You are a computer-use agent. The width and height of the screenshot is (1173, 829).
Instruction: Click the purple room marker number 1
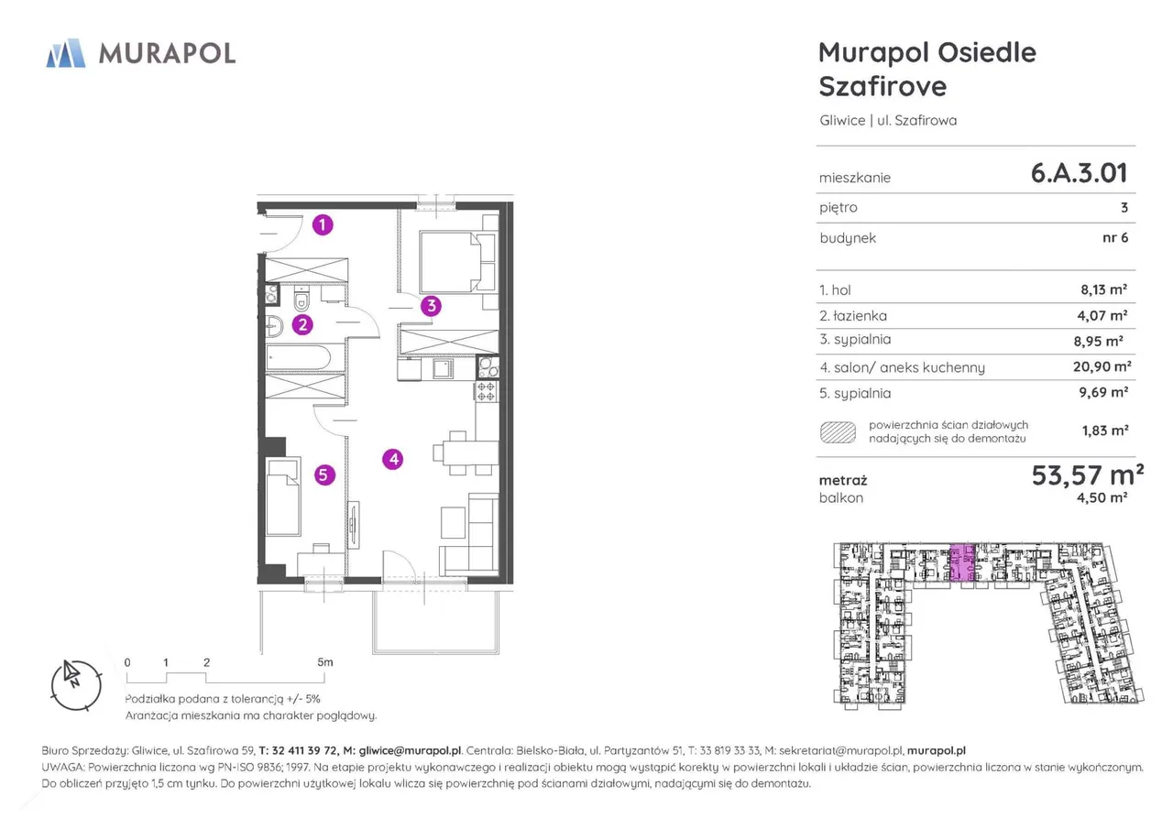pyautogui.click(x=323, y=225)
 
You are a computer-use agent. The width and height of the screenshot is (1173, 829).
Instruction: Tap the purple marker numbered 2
pyautogui.click(x=302, y=325)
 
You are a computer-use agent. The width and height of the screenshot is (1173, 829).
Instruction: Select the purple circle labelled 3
pyautogui.click(x=432, y=306)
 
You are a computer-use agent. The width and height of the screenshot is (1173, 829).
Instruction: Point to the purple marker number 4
pyautogui.click(x=393, y=460)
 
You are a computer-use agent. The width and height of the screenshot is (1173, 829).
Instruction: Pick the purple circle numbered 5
pyautogui.click(x=324, y=475)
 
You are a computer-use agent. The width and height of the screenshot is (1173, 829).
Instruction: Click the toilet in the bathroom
pyautogui.click(x=301, y=299)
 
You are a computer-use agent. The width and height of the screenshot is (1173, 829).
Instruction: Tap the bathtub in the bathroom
pyautogui.click(x=299, y=358)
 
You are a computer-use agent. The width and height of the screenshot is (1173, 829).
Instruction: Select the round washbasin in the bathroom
pyautogui.click(x=274, y=327)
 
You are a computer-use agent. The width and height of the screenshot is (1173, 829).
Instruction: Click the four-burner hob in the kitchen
pyautogui.click(x=487, y=391)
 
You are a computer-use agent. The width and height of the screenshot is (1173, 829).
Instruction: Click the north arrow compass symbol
pyautogui.click(x=76, y=685)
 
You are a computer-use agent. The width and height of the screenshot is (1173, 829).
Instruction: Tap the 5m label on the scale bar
pyautogui.click(x=325, y=662)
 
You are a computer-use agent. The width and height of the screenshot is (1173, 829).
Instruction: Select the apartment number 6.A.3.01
pyautogui.click(x=1080, y=173)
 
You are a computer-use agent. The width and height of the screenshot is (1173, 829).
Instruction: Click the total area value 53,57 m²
pyautogui.click(x=1088, y=475)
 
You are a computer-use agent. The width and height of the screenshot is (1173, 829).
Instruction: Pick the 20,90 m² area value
pyautogui.click(x=1102, y=366)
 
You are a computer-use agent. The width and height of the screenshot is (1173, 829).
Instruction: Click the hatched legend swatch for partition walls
pyautogui.click(x=838, y=432)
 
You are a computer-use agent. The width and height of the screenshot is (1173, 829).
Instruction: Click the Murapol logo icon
pyautogui.click(x=66, y=53)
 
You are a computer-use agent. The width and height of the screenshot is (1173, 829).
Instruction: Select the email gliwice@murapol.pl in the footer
pyautogui.click(x=410, y=750)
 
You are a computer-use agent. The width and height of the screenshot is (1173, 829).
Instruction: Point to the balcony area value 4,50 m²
pyautogui.click(x=1102, y=497)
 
